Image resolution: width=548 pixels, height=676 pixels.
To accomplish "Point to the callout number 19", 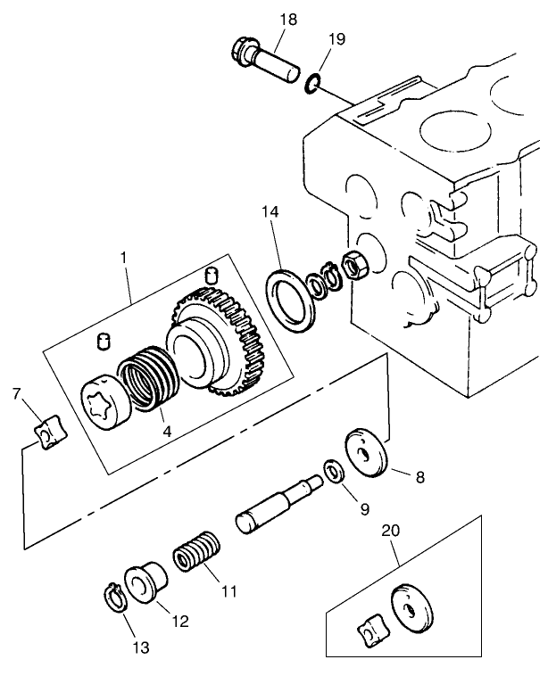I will pyautogui.click(x=336, y=39).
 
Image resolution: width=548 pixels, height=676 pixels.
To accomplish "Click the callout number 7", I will pyautogui.click(x=15, y=393).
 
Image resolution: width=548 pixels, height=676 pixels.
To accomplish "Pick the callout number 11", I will pyautogui.click(x=228, y=590).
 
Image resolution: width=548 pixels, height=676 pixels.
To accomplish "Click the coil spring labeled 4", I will pyautogui.click(x=146, y=378).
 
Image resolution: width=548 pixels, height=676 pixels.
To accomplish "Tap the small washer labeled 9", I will pyautogui.click(x=333, y=472).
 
